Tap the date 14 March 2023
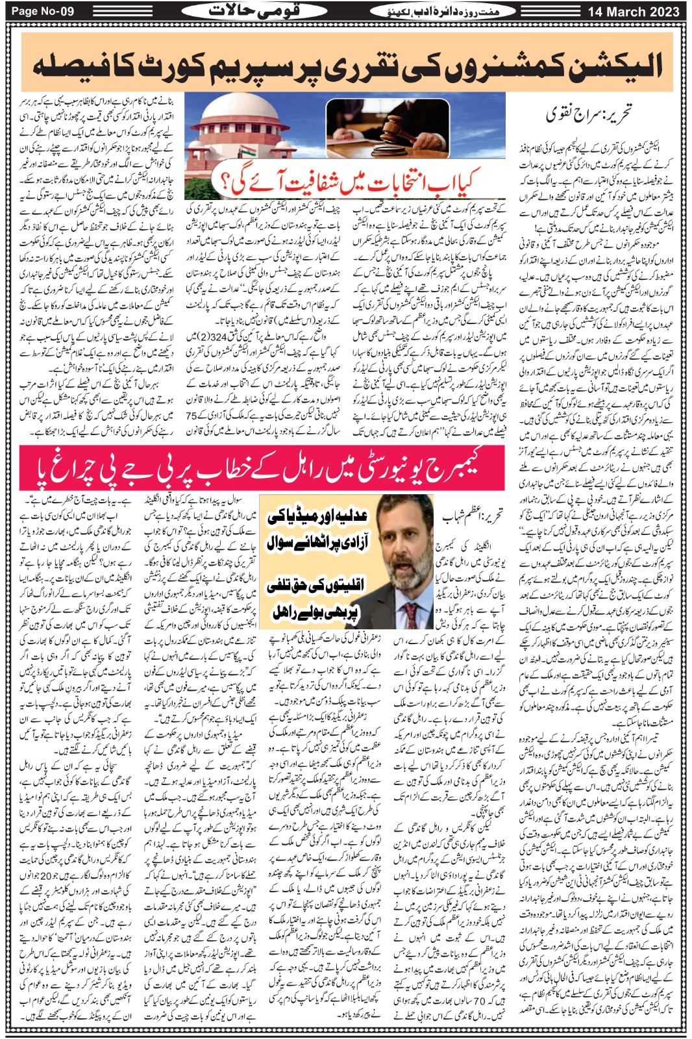[634, 12]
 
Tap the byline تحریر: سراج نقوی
[587, 116]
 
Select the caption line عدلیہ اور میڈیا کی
[318, 516]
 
